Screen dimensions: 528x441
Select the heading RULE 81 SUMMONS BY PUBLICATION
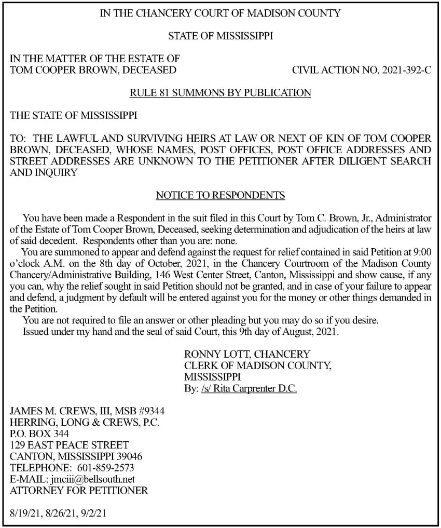pos(220,93)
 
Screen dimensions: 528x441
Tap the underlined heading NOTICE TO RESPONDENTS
pos(220,196)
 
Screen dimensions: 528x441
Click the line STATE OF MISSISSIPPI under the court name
pos(220,36)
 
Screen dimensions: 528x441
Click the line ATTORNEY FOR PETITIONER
pos(79,491)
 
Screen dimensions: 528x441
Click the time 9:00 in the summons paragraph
pos(421,252)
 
